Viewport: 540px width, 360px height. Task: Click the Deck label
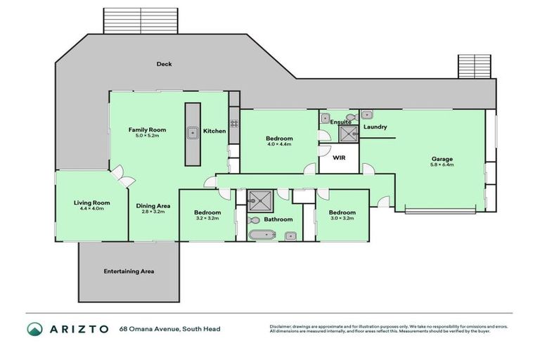pyautogui.click(x=164, y=64)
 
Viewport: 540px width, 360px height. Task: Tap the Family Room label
pyautogui.click(x=146, y=130)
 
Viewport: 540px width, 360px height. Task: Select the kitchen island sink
pyautogui.click(x=191, y=131)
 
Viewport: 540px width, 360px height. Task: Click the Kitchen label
pyautogui.click(x=214, y=131)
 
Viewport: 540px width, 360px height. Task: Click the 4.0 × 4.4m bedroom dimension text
pyautogui.click(x=279, y=145)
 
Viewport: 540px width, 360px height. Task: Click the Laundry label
pyautogui.click(x=375, y=127)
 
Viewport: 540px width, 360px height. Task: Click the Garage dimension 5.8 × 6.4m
pyautogui.click(x=442, y=165)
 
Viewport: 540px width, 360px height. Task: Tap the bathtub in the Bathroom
pyautogui.click(x=259, y=235)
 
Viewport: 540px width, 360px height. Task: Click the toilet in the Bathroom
pyautogui.click(x=255, y=220)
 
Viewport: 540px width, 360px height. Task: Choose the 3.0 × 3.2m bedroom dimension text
pyautogui.click(x=342, y=219)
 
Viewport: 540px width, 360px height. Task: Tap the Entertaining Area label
pyautogui.click(x=129, y=271)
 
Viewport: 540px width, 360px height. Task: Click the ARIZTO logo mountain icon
pyautogui.click(x=34, y=329)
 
